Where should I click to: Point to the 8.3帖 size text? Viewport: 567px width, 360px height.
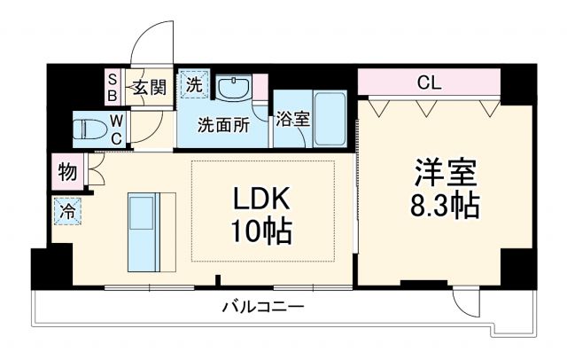[444, 206]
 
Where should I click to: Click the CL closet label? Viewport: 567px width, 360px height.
[430, 84]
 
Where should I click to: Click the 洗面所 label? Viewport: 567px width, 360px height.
[222, 124]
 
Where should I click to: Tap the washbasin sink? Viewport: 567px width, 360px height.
[234, 89]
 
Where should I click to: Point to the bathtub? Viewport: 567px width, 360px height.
[332, 121]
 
